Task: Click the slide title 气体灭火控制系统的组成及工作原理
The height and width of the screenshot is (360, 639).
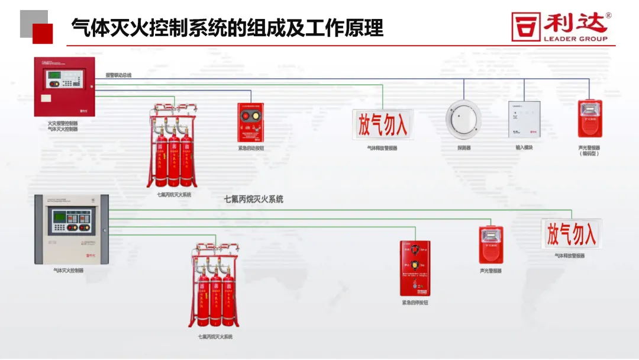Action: (227, 27)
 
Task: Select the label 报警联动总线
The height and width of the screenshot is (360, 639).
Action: (118, 75)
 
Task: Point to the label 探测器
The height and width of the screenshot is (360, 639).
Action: (464, 147)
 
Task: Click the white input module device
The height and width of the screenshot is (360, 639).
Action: (524, 120)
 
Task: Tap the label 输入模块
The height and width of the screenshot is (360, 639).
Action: (524, 147)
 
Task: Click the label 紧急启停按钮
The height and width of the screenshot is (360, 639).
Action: (415, 303)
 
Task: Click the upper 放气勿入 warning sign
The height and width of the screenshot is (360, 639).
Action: (382, 125)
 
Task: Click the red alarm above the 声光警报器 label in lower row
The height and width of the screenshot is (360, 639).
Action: (490, 245)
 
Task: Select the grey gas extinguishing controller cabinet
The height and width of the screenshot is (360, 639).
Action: (71, 229)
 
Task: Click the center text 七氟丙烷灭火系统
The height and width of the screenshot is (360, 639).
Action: (253, 199)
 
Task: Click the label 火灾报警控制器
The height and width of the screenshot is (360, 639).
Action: (63, 124)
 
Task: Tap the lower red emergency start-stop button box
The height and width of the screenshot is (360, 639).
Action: (415, 268)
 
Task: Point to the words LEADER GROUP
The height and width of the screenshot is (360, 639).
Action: (575, 39)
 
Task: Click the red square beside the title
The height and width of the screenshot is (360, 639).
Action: (43, 34)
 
